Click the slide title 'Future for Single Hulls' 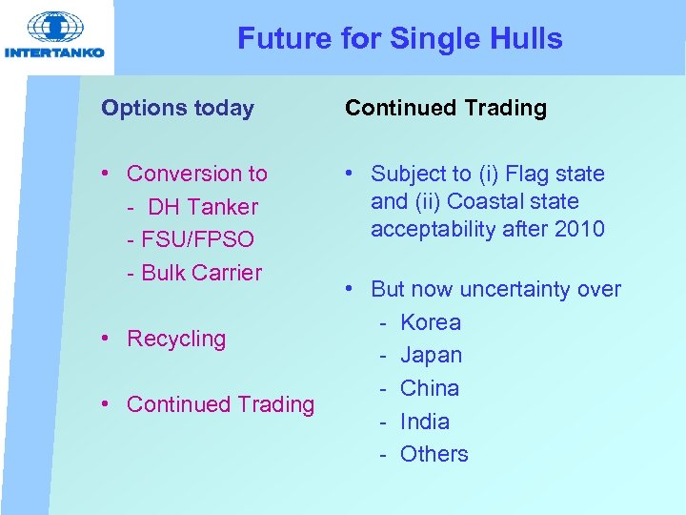coord(399,39)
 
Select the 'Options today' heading coord(177,108)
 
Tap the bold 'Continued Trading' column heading coord(445,108)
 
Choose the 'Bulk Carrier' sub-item coord(201,272)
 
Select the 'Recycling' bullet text coord(176,339)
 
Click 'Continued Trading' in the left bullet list coord(220,404)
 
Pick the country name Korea coord(431,322)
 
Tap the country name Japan coord(431,355)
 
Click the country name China coord(430,388)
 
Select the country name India coord(425,422)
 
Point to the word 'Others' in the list coord(434,454)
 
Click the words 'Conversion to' coord(197,174)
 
